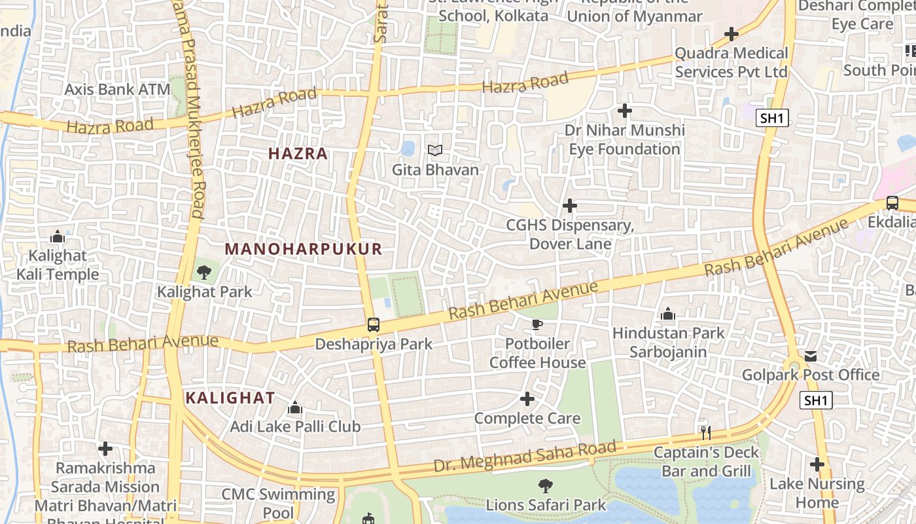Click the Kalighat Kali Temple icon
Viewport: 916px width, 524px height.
58,236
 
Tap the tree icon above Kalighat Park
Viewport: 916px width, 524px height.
203,271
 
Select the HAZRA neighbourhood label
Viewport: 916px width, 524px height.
298,154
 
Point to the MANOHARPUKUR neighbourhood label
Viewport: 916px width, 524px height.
303,249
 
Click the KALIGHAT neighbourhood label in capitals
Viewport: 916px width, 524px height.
230,398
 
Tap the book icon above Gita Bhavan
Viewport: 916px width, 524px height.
435,151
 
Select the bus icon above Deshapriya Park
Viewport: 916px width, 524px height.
373,324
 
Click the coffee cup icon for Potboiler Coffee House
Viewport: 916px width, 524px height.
537,324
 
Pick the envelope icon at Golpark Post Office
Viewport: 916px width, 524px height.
811,356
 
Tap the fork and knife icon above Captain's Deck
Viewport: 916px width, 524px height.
705,433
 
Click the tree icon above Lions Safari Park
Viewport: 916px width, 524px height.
545,486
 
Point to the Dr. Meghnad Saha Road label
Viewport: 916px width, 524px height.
525,457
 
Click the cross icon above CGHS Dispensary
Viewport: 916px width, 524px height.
570,206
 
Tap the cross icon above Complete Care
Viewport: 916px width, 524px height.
527,399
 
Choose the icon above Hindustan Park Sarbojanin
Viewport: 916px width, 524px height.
668,314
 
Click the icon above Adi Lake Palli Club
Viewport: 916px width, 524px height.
295,408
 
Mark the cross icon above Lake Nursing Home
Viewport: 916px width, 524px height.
817,464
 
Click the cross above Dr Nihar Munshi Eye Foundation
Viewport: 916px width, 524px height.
625,111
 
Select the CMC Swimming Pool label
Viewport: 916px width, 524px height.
278,503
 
